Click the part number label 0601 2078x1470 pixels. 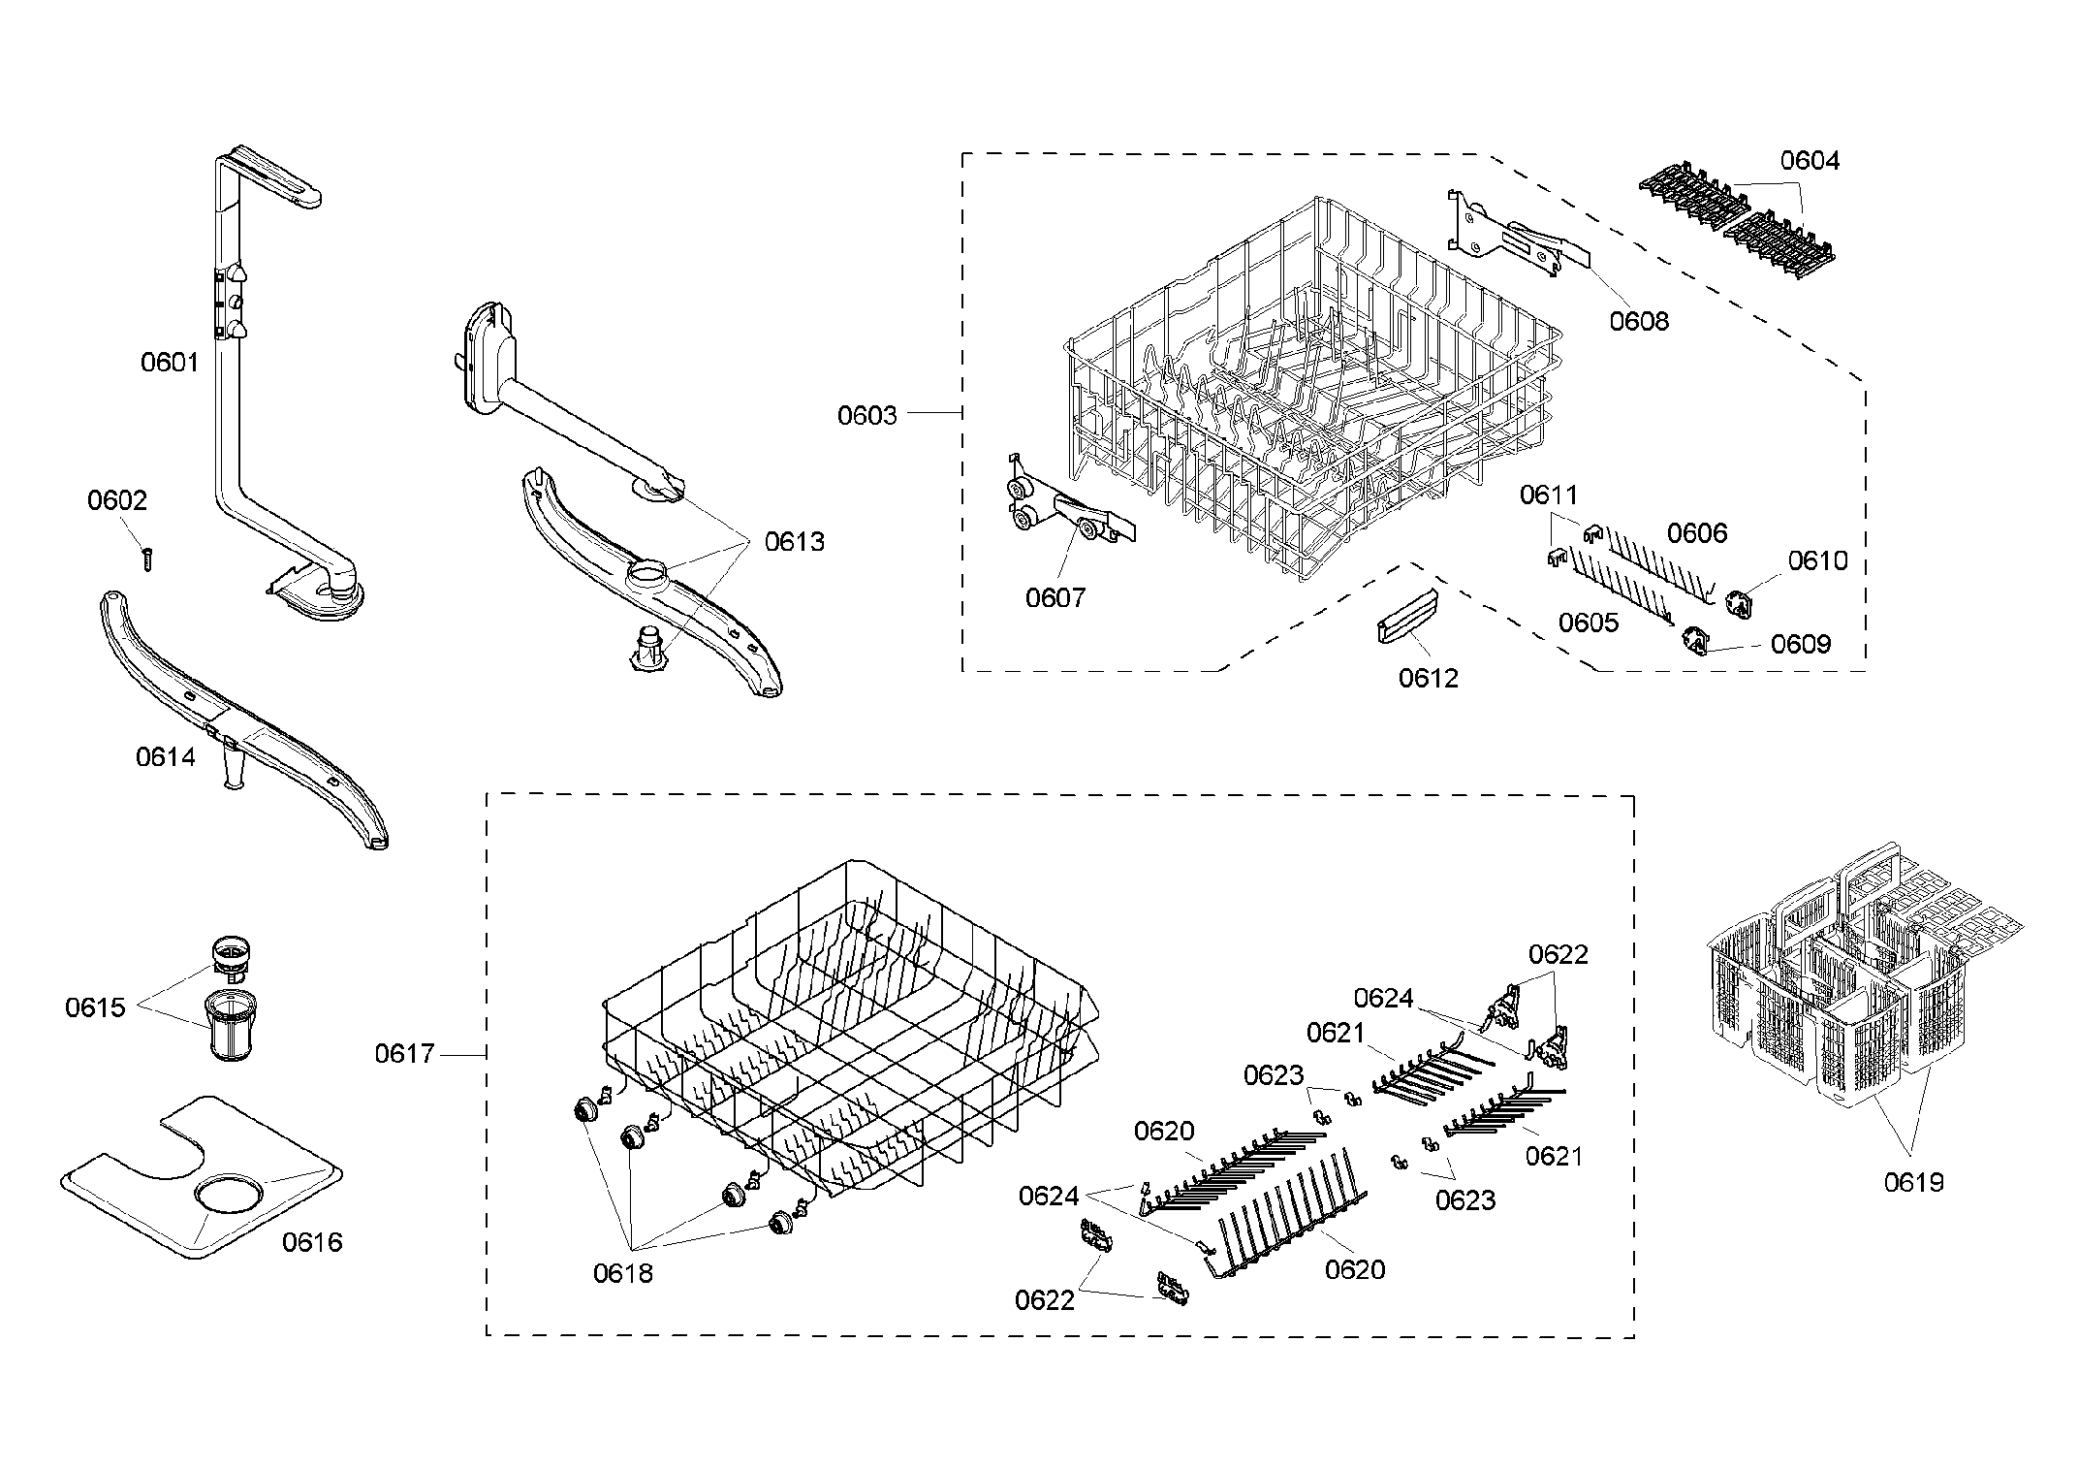[170, 363]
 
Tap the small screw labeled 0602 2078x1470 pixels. [147, 559]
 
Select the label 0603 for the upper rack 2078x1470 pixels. [866, 416]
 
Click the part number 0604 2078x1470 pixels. [1810, 161]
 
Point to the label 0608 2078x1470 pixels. [1639, 321]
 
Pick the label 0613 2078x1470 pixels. [794, 542]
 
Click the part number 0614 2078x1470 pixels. [166, 757]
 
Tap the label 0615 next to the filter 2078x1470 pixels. [95, 1007]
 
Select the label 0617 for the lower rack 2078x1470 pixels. [404, 1053]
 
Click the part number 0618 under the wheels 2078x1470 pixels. [622, 1273]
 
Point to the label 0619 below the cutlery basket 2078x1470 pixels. [1913, 1182]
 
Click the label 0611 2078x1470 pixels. [1548, 495]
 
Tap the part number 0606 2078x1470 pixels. [1696, 533]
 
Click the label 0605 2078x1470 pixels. [1588, 623]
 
